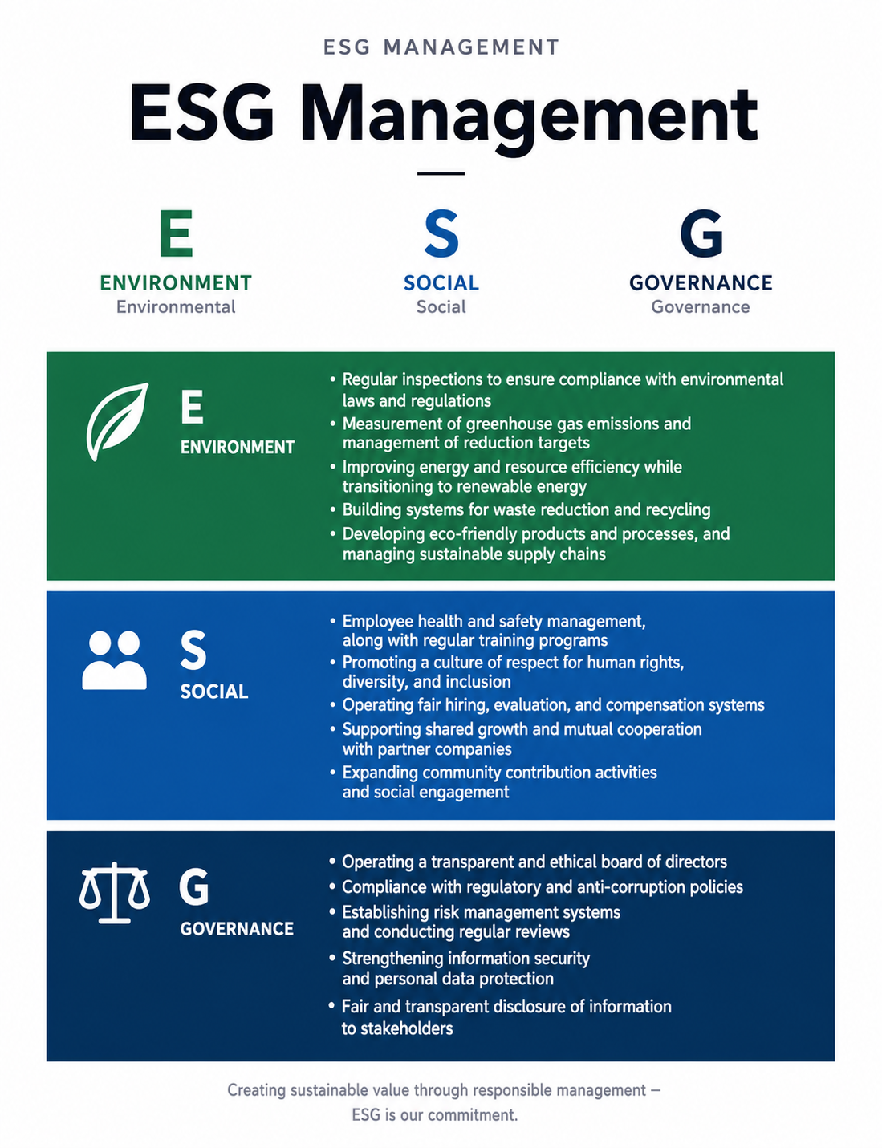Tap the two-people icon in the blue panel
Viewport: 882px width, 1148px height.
114,660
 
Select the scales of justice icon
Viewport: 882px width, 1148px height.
114,893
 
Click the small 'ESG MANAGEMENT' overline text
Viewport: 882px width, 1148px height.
441,47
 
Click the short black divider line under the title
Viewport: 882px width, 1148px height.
441,173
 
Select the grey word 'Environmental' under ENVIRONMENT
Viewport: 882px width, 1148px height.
176,307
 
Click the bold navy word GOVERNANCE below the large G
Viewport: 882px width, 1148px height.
701,282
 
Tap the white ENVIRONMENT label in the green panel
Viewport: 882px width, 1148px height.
238,448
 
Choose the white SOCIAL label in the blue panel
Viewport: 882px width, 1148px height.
214,692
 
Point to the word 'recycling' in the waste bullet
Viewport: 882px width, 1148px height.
678,510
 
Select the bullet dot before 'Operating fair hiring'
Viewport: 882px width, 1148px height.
332,704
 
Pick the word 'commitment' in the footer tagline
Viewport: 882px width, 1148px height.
473,1115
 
